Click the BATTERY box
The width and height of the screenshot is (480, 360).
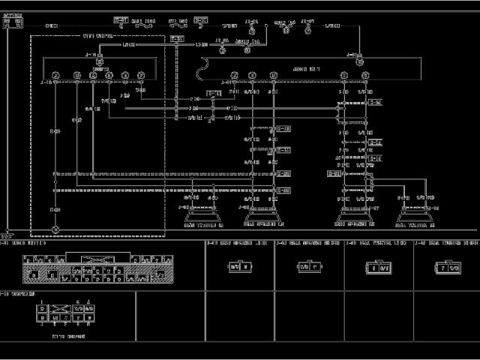pyautogui.click(x=13, y=23)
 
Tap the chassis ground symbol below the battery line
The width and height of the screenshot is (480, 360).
pyautogui.click(x=8, y=234)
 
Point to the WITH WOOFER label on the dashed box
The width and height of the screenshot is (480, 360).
pyautogui.click(x=97, y=35)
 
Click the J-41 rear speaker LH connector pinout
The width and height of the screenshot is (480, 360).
pyautogui.click(x=235, y=266)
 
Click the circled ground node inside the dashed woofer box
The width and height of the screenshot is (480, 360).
pyautogui.click(x=55, y=228)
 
